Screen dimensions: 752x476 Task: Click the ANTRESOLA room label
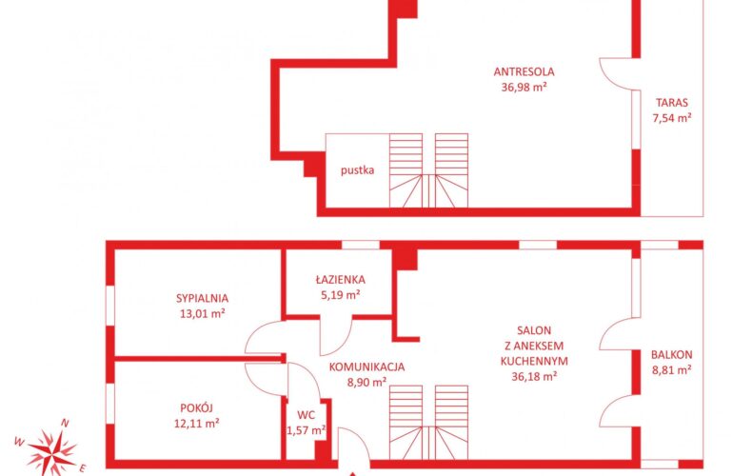pos(524,72)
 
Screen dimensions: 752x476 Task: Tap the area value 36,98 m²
pos(524,88)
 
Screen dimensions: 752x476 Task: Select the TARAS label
pos(672,102)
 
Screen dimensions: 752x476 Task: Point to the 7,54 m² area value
pos(672,117)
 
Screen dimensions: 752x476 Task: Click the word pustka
pos(357,170)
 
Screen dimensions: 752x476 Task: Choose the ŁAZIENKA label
pos(341,279)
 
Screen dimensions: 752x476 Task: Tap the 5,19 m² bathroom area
pos(341,294)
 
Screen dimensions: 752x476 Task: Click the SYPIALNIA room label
pos(202,298)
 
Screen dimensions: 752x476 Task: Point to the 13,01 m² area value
pos(202,314)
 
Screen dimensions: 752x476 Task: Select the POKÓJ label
pos(196,407)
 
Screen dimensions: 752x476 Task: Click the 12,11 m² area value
pos(197,424)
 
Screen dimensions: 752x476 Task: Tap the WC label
pos(306,415)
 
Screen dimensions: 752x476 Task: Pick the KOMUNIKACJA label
pos(366,367)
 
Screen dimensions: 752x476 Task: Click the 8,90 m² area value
pos(366,383)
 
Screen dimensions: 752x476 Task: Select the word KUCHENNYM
pos(534,361)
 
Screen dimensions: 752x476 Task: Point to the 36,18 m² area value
pos(534,377)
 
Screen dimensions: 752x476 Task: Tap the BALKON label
pos(671,355)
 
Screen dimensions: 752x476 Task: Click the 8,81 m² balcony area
pos(671,370)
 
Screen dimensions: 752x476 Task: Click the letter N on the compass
pos(65,424)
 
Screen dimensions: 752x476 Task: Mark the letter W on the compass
pos(19,443)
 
